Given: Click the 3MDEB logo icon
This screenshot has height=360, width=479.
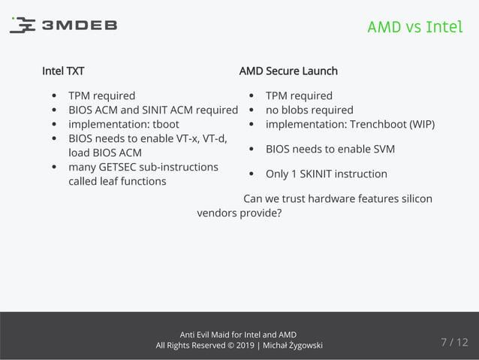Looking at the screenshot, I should pyautogui.click(x=22, y=26).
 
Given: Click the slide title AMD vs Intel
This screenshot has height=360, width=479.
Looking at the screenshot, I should pyautogui.click(x=414, y=27).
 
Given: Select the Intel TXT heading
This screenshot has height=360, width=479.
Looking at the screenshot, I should pyautogui.click(x=63, y=71).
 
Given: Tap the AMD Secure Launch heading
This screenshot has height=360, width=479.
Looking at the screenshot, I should pyautogui.click(x=288, y=71).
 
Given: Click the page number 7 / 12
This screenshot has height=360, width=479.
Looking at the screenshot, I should pyautogui.click(x=453, y=343).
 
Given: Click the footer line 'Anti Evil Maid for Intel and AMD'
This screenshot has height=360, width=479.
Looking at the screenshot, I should pyautogui.click(x=239, y=334).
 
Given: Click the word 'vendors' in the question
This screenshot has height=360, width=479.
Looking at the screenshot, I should pyautogui.click(x=216, y=213).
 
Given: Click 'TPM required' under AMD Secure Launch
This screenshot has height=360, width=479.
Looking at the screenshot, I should pyautogui.click(x=299, y=95).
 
